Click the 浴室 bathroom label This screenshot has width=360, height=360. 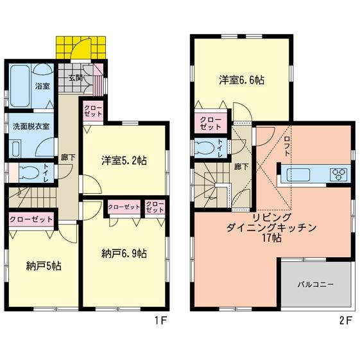coord(42,86)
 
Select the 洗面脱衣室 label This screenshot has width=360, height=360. coord(30,126)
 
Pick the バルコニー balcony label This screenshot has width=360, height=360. coord(315,284)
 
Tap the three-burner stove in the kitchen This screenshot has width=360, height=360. coord(338,174)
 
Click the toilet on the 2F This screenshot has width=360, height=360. coord(207,146)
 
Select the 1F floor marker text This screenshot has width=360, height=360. coord(162,321)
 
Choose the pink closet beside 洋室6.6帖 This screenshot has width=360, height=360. coord(209,123)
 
